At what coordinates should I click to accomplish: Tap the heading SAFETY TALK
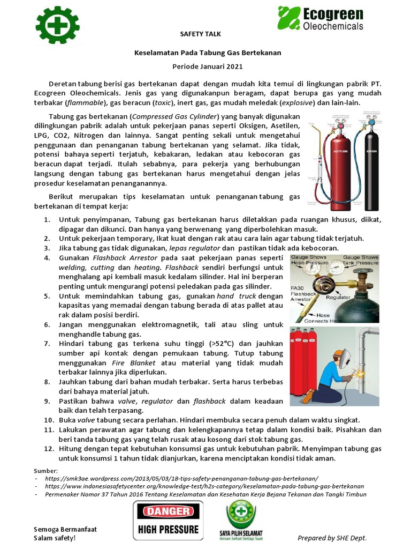pyautogui.click(x=200, y=34)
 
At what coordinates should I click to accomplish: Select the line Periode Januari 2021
pyautogui.click(x=200, y=66)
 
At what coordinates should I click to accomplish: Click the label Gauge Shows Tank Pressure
pyautogui.click(x=360, y=260)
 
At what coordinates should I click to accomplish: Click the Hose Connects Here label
pyautogui.click(x=323, y=317)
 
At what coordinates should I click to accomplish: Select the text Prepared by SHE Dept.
pyautogui.click(x=332, y=538)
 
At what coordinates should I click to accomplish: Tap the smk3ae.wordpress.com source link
pyautogui.click(x=181, y=478)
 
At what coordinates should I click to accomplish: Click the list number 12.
pyautogui.click(x=49, y=448)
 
